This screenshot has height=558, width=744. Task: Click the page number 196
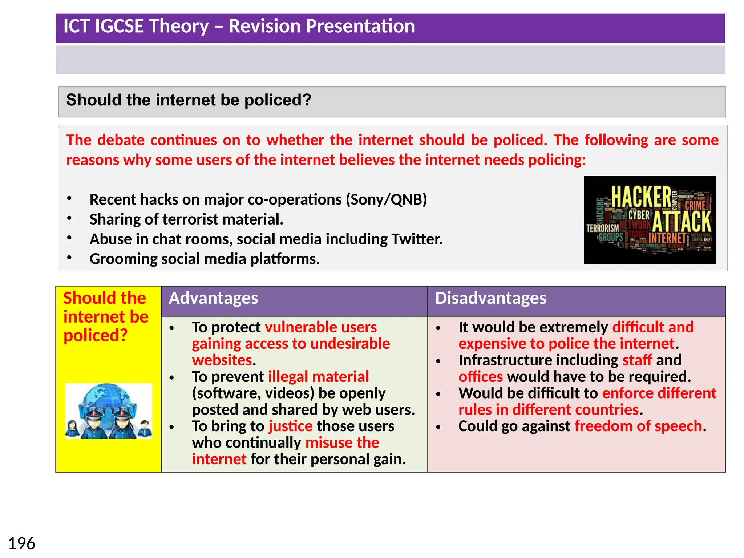coord(22,544)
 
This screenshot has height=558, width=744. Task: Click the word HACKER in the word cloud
coord(641,197)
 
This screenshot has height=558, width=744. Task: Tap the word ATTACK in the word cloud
coord(682,221)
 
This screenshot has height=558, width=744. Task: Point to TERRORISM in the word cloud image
coord(602,228)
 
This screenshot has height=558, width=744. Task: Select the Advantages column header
coord(214,298)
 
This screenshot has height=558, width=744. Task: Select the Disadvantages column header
coord(490,298)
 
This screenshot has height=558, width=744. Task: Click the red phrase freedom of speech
coord(638,426)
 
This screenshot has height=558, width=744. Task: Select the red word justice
coord(290,426)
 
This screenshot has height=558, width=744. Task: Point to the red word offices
coord(480,377)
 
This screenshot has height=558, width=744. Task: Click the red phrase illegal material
coord(318,377)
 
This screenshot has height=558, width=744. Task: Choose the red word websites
coord(222,360)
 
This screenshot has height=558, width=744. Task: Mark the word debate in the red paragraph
coord(121,140)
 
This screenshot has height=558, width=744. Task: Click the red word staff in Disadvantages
coord(637,360)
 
